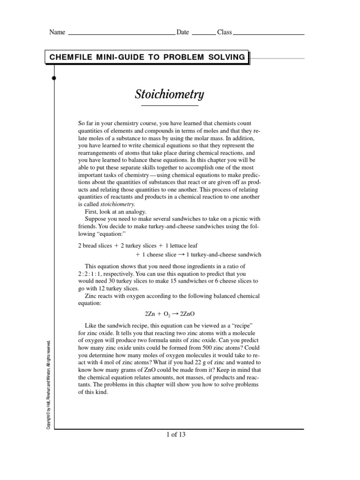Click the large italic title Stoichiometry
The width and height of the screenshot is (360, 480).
[x=169, y=94]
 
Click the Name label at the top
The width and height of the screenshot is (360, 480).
[x=57, y=32]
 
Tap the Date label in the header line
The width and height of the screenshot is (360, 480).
[x=182, y=32]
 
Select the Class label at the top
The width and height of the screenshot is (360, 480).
[x=224, y=32]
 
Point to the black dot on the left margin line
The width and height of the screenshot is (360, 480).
[x=54, y=78]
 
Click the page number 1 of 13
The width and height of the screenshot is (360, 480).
[x=176, y=435]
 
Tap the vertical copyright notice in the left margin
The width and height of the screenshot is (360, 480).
[x=48, y=383]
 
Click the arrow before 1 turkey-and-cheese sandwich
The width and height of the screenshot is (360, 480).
[x=181, y=255]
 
